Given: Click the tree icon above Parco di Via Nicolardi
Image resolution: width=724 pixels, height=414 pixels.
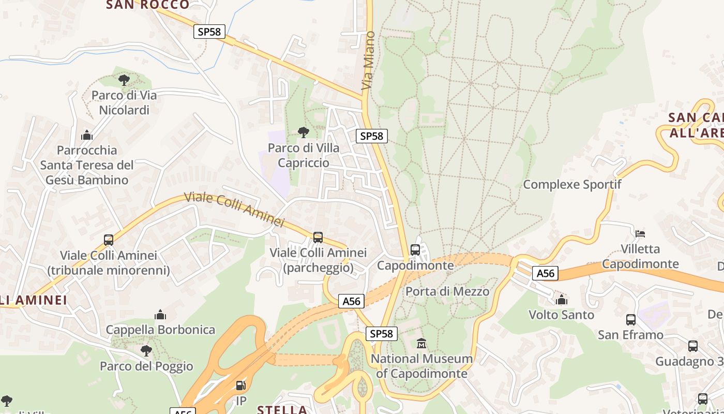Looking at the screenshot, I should (124, 80).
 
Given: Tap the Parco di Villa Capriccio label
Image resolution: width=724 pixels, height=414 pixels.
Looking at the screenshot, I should (304, 155).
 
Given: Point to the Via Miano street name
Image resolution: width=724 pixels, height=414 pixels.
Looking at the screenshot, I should (368, 60).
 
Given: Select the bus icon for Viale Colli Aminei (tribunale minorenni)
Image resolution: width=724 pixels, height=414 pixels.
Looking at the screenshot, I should (109, 240).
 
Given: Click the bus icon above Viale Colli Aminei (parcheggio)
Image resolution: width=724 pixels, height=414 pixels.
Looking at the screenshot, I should (318, 237).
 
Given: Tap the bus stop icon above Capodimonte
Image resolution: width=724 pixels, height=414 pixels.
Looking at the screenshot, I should (415, 250).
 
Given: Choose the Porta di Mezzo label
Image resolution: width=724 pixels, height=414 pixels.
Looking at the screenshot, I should (447, 291).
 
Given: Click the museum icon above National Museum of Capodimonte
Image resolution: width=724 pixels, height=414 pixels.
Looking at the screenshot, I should (421, 343).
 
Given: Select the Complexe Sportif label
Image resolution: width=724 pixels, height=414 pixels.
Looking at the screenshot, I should (572, 184).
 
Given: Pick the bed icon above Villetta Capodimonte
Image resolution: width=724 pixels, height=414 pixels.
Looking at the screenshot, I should (640, 233).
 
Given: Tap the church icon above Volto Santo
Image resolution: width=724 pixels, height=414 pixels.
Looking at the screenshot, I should (561, 299).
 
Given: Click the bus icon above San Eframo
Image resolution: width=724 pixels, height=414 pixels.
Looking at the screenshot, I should (630, 319).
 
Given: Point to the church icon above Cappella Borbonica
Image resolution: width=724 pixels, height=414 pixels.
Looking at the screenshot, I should (160, 315).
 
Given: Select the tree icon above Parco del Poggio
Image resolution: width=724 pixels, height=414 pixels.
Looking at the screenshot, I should (146, 351).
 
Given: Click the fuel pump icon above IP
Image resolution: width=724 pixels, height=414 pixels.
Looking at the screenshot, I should (240, 386).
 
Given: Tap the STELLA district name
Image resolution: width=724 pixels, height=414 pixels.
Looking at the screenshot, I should (282, 409).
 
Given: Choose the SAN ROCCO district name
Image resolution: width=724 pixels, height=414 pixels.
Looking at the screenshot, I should (148, 5).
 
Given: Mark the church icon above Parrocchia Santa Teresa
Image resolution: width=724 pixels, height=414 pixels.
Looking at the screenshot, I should (87, 135).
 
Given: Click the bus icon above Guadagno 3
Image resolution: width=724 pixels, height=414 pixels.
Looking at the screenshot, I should (692, 346).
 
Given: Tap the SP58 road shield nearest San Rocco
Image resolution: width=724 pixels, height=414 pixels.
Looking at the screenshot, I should (209, 32).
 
